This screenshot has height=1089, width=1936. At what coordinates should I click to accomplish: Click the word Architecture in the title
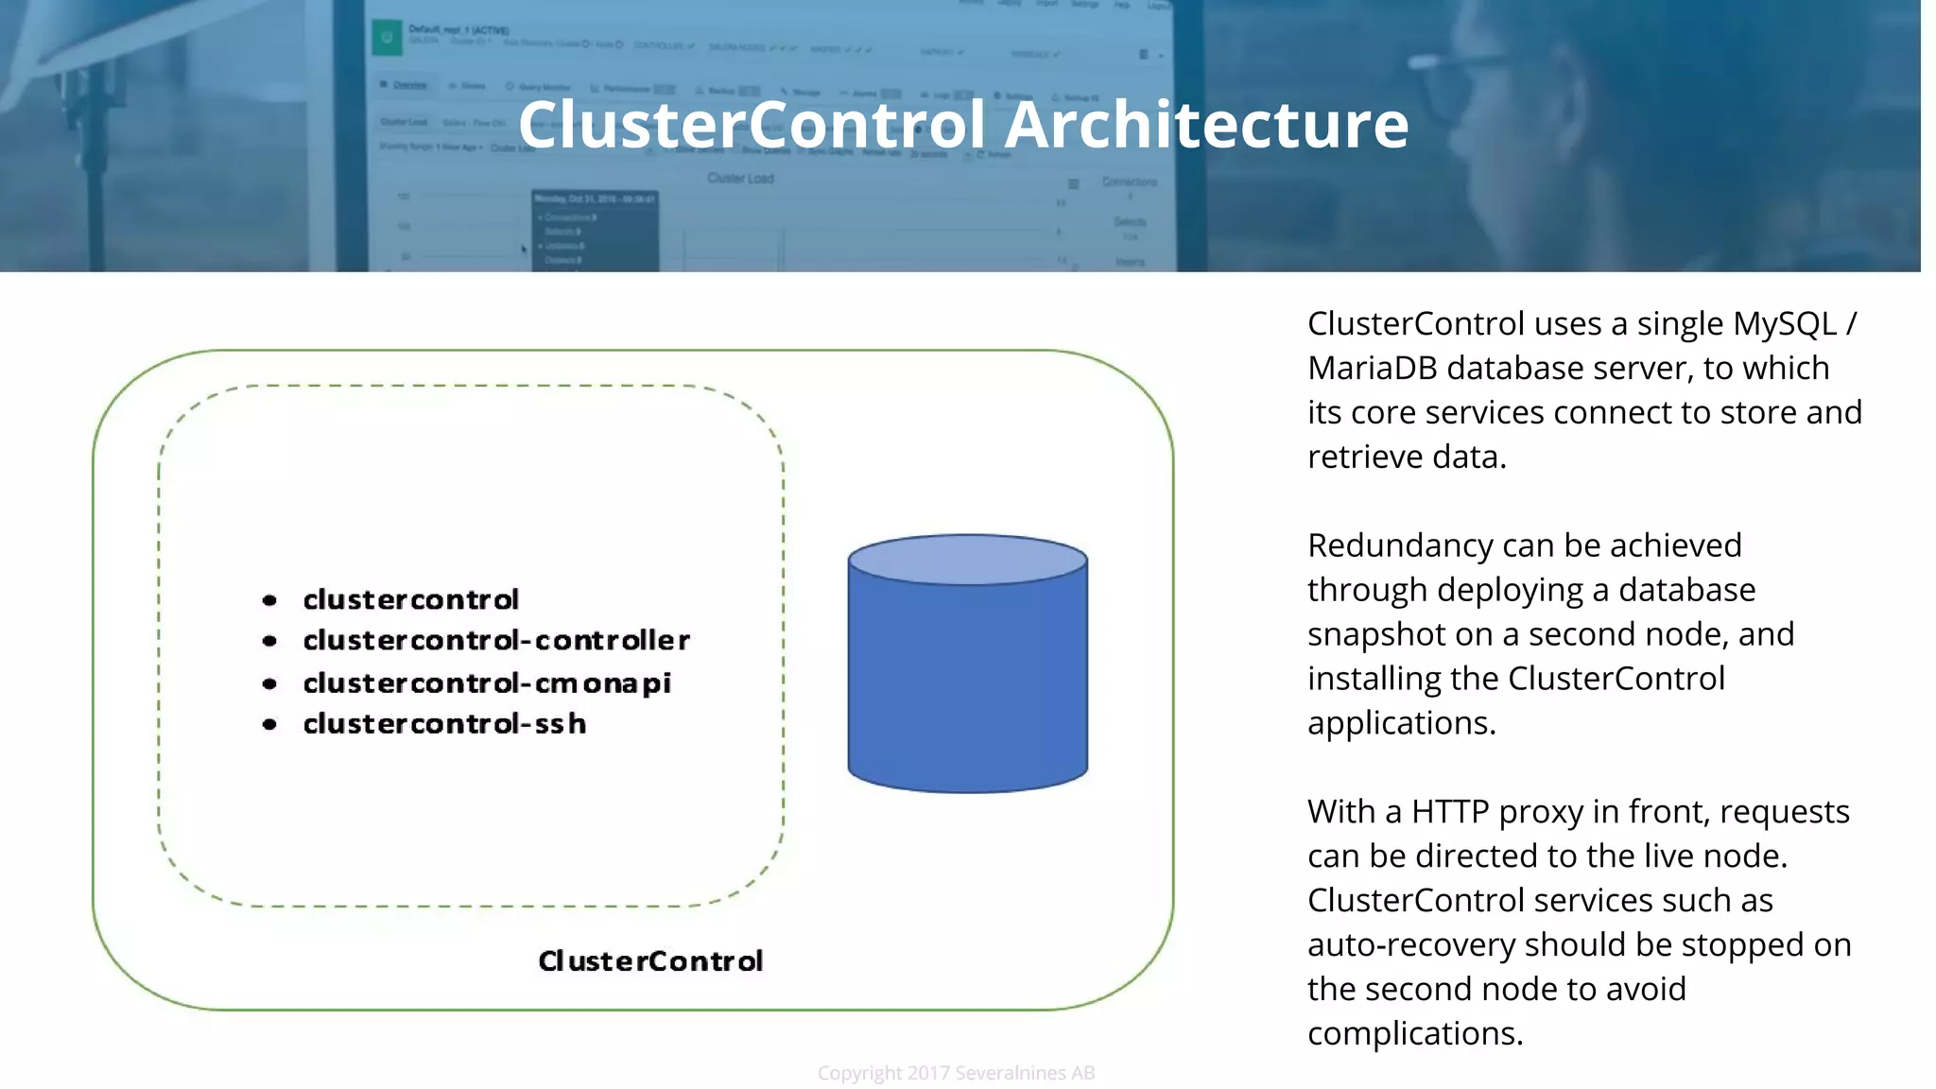(x=1206, y=125)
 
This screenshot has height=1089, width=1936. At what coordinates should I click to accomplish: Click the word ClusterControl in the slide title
(x=752, y=125)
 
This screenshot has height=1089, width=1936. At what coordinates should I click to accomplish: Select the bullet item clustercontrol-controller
(x=496, y=641)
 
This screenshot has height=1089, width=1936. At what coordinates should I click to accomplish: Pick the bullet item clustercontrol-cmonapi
(x=487, y=683)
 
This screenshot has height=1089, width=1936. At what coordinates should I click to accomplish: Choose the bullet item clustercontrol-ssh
(x=444, y=724)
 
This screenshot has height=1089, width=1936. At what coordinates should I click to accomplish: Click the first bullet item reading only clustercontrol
(x=410, y=599)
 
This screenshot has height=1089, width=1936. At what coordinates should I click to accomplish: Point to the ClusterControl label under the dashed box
(x=650, y=961)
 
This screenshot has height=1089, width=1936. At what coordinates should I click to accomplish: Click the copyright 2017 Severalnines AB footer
(x=956, y=1073)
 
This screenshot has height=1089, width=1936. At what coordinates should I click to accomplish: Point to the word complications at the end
(x=1414, y=1033)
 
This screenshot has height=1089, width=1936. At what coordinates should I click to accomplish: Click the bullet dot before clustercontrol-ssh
(x=269, y=725)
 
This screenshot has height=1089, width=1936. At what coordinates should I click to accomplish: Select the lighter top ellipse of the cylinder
(x=967, y=560)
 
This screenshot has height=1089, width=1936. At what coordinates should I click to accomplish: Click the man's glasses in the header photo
(x=1461, y=66)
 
